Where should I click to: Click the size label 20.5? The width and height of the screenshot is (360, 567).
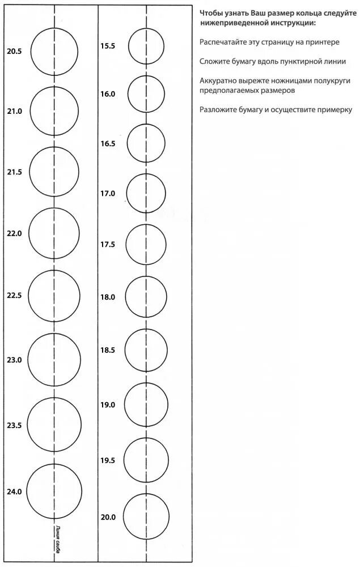14,52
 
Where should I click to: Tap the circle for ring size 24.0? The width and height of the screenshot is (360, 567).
54,491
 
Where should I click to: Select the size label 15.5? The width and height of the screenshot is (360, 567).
108,45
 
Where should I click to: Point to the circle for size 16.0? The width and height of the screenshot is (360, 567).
146,92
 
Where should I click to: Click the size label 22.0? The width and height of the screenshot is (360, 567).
14,233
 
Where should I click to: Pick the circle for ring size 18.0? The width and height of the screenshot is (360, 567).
146,296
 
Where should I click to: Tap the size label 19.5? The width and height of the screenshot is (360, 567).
108,461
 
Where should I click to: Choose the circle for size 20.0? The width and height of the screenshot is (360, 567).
146,516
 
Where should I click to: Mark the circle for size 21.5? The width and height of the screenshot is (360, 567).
54,172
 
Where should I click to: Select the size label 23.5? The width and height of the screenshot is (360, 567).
14,425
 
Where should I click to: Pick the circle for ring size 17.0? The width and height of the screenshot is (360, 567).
146,194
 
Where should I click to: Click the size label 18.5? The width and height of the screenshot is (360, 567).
108,351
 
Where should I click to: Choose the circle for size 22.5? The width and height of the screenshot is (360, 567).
54,296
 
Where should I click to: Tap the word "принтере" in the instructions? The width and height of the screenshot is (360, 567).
324,42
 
